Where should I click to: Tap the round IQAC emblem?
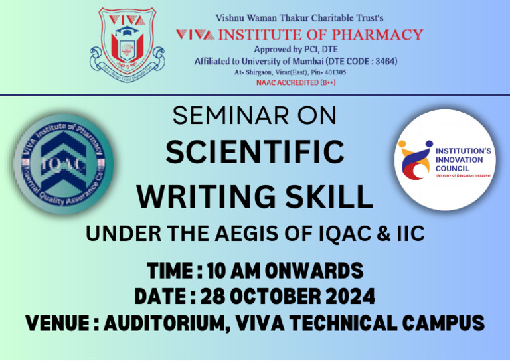(x=64, y=164)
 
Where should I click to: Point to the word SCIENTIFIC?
(x=255, y=153)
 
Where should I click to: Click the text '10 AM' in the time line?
(x=232, y=271)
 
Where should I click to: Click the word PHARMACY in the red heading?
(x=378, y=34)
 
